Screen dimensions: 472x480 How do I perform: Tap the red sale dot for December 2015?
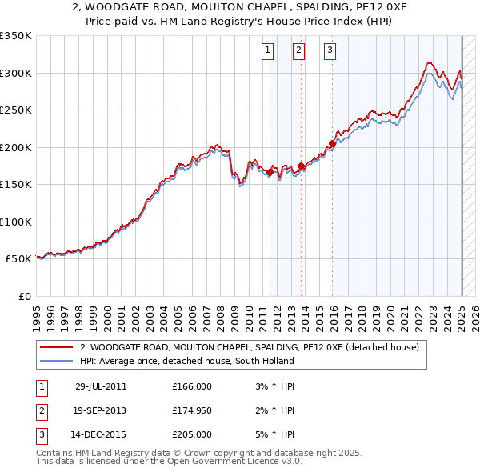click(x=331, y=144)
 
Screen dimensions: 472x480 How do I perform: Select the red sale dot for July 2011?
click(x=270, y=172)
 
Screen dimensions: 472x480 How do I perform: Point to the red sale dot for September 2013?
click(x=301, y=166)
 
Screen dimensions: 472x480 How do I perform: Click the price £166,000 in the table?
click(x=192, y=386)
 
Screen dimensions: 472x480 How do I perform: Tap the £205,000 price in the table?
click(x=192, y=434)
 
